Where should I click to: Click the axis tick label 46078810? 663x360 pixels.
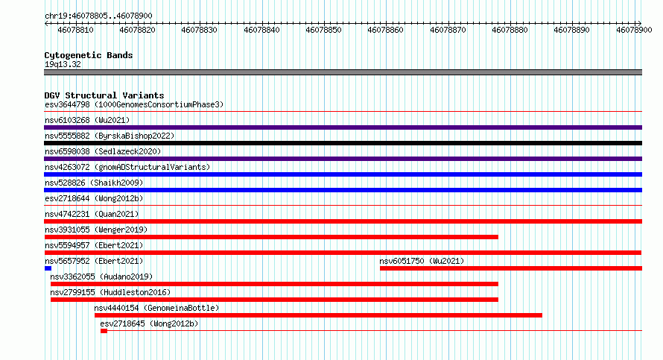75,30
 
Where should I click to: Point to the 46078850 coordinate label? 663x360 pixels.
323,30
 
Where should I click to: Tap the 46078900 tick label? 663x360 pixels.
634,30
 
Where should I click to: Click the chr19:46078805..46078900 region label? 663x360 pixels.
98,16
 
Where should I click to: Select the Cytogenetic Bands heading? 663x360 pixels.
89,55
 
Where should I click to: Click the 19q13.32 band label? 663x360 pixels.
63,64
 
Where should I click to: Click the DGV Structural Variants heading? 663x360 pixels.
104,95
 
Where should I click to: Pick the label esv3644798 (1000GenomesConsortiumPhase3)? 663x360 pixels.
134,104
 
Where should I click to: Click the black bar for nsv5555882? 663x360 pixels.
343,143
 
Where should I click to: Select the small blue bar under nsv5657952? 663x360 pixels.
48,268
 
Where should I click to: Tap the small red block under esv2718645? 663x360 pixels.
104,331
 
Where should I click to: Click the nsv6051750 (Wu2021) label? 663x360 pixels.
422,261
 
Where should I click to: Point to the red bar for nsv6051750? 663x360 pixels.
511,268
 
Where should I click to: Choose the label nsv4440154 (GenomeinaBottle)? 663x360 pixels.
156,308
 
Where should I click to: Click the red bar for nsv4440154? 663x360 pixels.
318,315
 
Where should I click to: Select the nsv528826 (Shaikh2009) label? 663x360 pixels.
94,183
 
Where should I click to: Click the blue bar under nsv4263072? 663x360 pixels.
343,174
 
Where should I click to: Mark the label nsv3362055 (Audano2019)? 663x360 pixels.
101,277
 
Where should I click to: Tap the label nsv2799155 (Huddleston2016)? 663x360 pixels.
110,292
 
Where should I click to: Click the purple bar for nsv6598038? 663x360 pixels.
343,159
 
